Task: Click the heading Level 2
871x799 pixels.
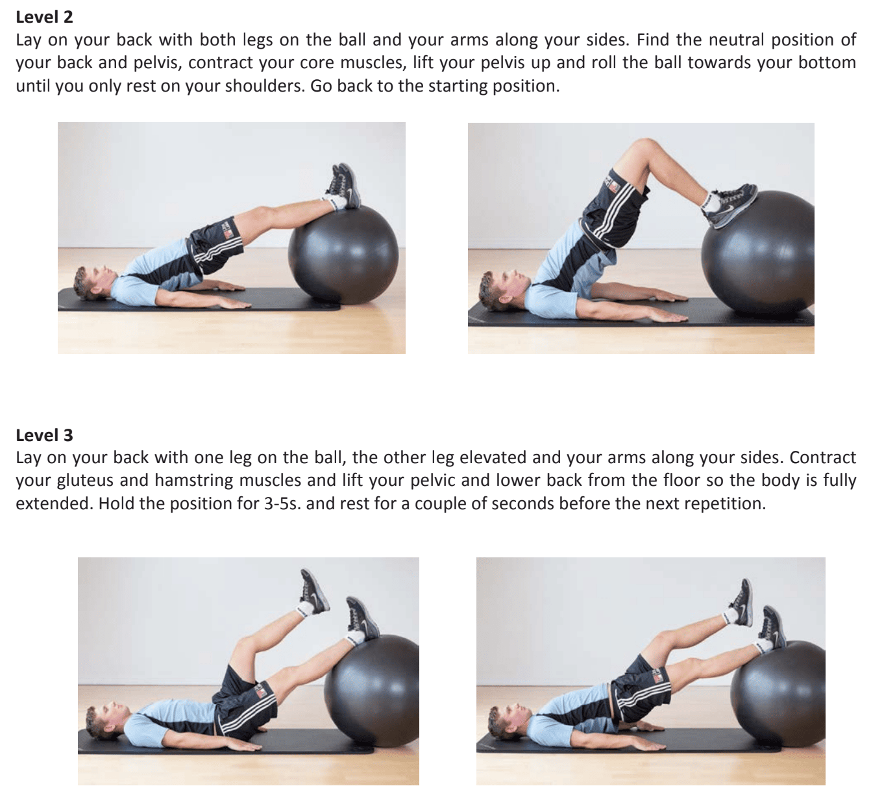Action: tap(44, 18)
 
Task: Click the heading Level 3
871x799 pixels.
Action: tap(44, 435)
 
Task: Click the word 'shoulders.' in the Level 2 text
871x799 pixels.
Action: tap(269, 86)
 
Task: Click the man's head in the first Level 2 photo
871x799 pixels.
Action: tap(90, 283)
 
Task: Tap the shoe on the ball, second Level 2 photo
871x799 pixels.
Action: tap(730, 205)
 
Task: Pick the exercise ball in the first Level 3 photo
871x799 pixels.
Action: tap(373, 689)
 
